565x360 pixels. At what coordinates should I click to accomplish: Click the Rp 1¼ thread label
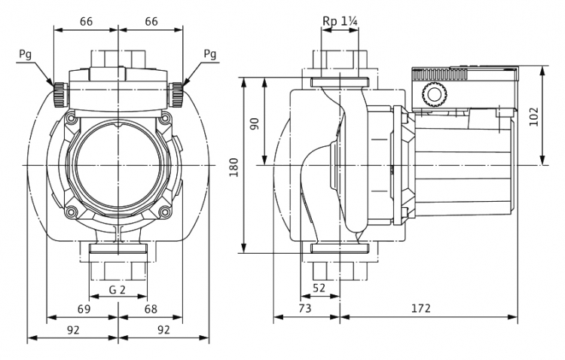[x=340, y=21]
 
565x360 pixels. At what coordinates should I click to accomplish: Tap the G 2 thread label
[x=118, y=289]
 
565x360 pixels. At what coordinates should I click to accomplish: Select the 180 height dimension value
[x=234, y=167]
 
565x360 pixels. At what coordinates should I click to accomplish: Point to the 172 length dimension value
[x=421, y=308]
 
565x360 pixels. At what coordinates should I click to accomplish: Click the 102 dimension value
[x=533, y=117]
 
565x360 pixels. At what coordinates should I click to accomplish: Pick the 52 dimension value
[x=319, y=288]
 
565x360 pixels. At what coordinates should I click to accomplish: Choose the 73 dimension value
[x=304, y=308]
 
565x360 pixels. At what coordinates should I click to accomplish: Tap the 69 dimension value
[x=84, y=309]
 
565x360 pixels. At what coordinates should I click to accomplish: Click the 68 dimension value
[x=151, y=309]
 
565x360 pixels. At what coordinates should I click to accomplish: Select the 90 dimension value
[x=255, y=124]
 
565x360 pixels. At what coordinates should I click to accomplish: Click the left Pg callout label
[x=25, y=54]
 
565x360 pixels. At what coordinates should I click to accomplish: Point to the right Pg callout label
[x=210, y=54]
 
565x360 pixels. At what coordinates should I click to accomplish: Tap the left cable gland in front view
[x=60, y=94]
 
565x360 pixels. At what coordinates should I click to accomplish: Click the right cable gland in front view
[x=176, y=94]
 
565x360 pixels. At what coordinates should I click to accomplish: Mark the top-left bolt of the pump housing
[x=71, y=117]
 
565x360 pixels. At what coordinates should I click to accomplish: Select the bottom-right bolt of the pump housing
[x=165, y=211]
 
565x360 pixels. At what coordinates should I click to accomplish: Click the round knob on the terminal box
[x=435, y=95]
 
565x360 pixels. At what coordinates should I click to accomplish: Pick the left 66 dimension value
[x=86, y=22]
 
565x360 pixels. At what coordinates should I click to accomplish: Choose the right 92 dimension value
[x=163, y=329]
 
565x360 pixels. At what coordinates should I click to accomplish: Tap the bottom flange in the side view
[x=341, y=248]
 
